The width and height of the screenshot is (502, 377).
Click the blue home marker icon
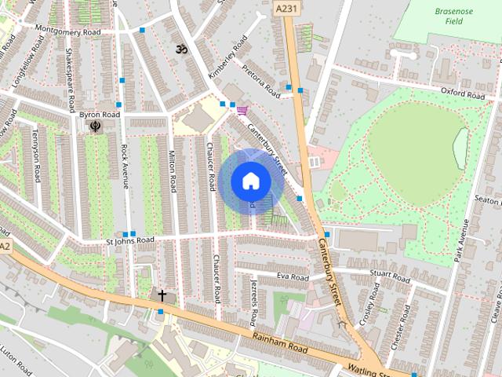click(251, 181)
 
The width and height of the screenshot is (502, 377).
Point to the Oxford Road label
click(463, 92)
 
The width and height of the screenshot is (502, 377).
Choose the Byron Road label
click(100, 115)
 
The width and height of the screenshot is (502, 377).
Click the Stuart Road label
click(390, 276)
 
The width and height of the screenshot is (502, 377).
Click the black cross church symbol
click(162, 296)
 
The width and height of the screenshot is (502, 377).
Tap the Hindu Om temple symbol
click(181, 49)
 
